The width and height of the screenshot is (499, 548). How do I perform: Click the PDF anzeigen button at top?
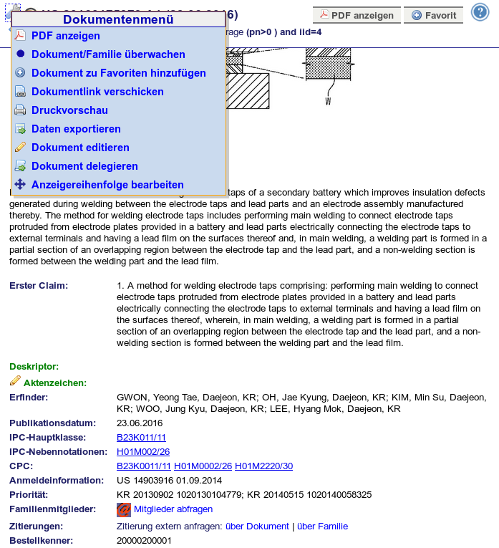357,15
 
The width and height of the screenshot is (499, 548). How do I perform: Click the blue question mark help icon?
479,12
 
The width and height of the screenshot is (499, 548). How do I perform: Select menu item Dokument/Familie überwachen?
108,54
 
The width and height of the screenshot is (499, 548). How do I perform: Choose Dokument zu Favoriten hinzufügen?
118,73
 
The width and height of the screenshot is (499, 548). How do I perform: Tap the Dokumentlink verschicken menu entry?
97,92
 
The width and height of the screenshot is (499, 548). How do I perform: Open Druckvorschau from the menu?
69,110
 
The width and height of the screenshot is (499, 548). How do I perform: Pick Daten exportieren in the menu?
76,129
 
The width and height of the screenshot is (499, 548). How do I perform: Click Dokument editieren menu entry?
80,148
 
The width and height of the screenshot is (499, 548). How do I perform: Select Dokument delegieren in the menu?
84,166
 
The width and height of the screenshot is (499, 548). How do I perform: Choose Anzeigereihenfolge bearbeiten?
107,185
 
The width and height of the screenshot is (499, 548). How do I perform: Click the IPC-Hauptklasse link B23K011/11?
141,438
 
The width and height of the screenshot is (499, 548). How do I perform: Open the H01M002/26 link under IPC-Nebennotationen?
143,452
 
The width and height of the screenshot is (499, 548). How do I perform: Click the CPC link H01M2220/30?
263,466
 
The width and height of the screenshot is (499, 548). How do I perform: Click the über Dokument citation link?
257,527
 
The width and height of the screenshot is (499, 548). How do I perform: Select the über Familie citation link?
322,527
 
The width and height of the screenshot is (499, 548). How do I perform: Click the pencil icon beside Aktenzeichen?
15,381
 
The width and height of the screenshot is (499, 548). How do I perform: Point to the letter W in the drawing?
328,101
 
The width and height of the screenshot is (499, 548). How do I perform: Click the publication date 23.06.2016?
140,423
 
